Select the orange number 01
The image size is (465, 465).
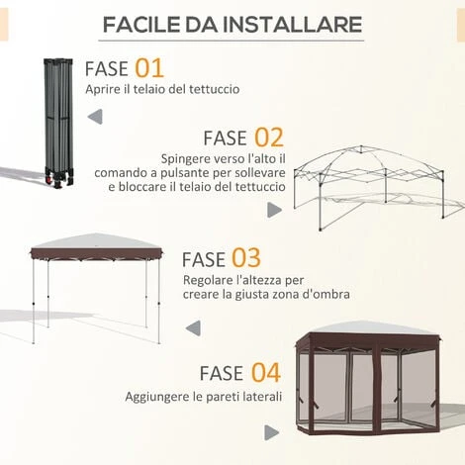pos(148,68)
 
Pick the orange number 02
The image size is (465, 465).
pos(268,137)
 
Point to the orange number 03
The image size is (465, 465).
pos(245,258)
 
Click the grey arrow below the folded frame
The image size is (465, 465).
pos(94,117)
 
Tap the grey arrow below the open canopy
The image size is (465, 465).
pos(193,327)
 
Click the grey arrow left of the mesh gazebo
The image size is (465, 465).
pos(270,431)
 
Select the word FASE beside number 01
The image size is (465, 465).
pos(106,69)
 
